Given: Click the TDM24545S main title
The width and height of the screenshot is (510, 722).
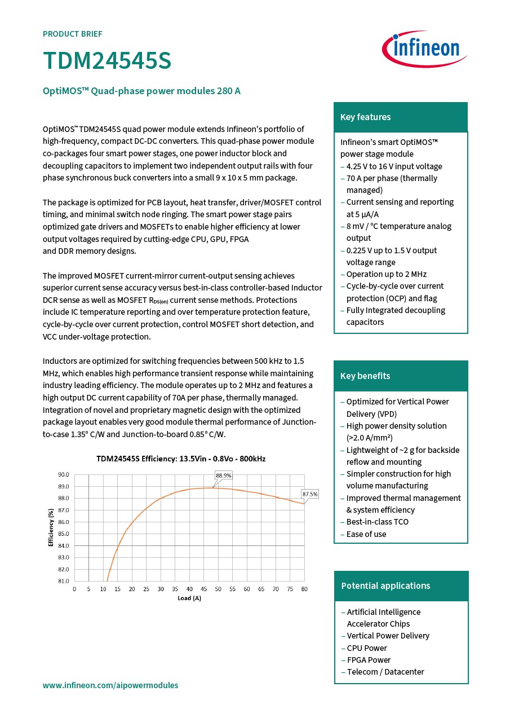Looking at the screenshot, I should [107, 61].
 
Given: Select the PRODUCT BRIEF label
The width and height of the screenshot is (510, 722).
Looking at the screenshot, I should [73, 34].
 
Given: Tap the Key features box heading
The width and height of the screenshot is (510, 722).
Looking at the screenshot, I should [365, 117].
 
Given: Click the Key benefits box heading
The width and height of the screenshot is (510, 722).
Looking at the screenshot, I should [365, 376].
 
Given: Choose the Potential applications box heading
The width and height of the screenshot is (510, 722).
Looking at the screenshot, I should [385, 586].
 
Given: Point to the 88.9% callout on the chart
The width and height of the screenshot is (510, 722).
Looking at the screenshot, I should [224, 476].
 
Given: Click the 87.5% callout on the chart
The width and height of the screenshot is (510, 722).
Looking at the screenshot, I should [310, 494].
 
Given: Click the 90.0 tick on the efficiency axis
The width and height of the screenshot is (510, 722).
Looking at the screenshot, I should [64, 475].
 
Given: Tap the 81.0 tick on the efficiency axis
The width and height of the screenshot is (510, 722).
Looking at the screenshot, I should [64, 581].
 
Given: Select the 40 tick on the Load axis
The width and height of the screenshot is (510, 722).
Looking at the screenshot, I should [189, 589].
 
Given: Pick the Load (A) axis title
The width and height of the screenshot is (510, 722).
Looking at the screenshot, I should [189, 598].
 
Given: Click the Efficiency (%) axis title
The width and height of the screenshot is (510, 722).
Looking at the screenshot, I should [51, 527].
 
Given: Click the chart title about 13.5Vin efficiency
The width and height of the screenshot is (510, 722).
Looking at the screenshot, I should [181, 459].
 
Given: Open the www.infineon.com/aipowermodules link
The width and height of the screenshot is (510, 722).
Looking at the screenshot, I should [110, 685].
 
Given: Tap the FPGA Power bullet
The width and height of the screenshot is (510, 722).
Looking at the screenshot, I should [369, 660].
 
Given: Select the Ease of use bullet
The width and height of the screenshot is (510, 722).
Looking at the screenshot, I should [366, 534].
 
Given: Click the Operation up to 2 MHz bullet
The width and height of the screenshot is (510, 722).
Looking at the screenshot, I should [386, 274].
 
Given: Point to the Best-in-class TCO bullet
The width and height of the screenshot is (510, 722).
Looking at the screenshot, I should [377, 522].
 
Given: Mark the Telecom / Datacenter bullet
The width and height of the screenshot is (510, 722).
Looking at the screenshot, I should [385, 672].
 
